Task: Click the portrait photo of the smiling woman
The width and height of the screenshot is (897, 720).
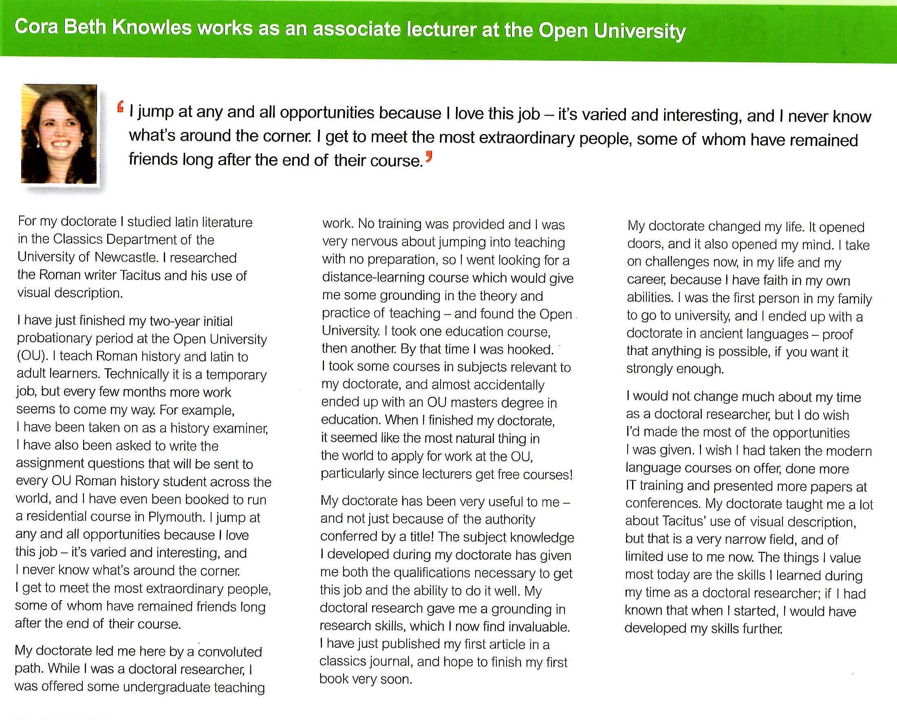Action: click(59, 134)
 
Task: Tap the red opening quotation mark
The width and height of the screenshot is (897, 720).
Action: click(121, 107)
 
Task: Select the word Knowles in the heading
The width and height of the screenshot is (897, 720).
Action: click(152, 27)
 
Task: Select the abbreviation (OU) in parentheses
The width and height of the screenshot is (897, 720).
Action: click(30, 356)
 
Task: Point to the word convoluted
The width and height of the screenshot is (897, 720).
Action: click(230, 652)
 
